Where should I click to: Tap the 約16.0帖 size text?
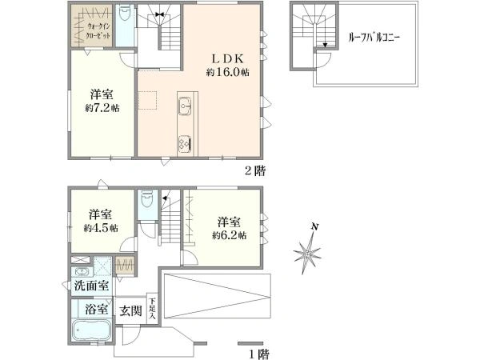tap(227, 72)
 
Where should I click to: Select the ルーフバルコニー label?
tap(374, 38)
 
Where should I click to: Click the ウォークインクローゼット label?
tap(98, 30)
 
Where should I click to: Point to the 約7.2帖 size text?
tap(102, 108)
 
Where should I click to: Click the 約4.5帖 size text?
tap(101, 228)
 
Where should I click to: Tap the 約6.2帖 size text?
tap(230, 235)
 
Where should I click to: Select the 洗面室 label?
tap(91, 286)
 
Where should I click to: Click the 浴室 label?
tap(97, 310)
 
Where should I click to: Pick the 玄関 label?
tap(130, 311)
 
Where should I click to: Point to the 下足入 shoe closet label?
tap(152, 309)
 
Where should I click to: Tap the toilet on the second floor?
tap(125, 13)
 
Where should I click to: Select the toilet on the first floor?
tap(146, 199)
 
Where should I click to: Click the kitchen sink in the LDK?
tap(184, 106)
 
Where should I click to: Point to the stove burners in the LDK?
tap(185, 143)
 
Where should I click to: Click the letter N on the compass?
tap(314, 227)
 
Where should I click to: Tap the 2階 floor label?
tap(255, 170)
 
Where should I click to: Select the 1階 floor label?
tap(258, 354)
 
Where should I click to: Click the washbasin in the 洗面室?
tap(81, 271)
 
